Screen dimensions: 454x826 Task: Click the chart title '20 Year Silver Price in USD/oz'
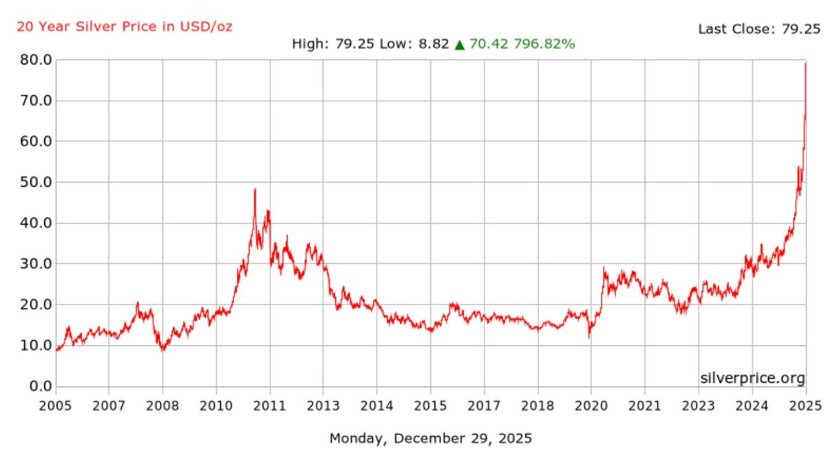(125, 27)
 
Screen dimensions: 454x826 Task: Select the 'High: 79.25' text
(333, 45)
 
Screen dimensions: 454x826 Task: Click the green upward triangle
(459, 45)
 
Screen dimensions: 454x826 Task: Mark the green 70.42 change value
(487, 45)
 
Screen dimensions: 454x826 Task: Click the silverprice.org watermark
(752, 378)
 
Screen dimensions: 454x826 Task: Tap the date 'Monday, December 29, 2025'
(431, 438)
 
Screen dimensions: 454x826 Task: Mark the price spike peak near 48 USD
(255, 189)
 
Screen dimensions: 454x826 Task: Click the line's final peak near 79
(805, 63)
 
